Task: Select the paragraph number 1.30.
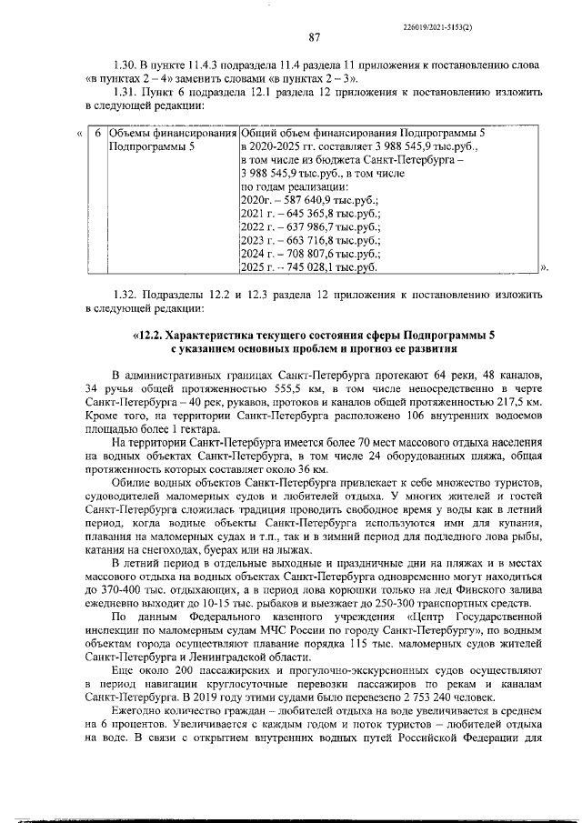[x=123, y=65]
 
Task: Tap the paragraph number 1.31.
[x=123, y=92]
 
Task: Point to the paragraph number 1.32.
[x=123, y=295]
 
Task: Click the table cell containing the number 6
[x=98, y=133]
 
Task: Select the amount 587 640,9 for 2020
[x=303, y=200]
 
